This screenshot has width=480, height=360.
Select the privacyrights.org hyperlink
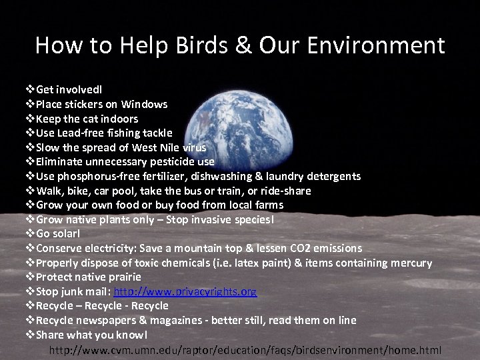pyautogui.click(x=185, y=291)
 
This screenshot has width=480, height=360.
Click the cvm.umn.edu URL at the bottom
pyautogui.click(x=245, y=350)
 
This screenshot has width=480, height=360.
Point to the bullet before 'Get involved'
pyautogui.click(x=30, y=89)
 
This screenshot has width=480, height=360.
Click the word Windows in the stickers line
pyautogui.click(x=144, y=104)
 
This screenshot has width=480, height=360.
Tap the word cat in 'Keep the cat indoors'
pyautogui.click(x=92, y=119)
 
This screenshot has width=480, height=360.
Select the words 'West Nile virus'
pyautogui.click(x=169, y=147)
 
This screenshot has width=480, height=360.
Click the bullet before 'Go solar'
pyautogui.click(x=30, y=234)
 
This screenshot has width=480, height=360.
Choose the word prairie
pyautogui.click(x=123, y=277)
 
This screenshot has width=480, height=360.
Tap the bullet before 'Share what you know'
pyautogui.click(x=30, y=335)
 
